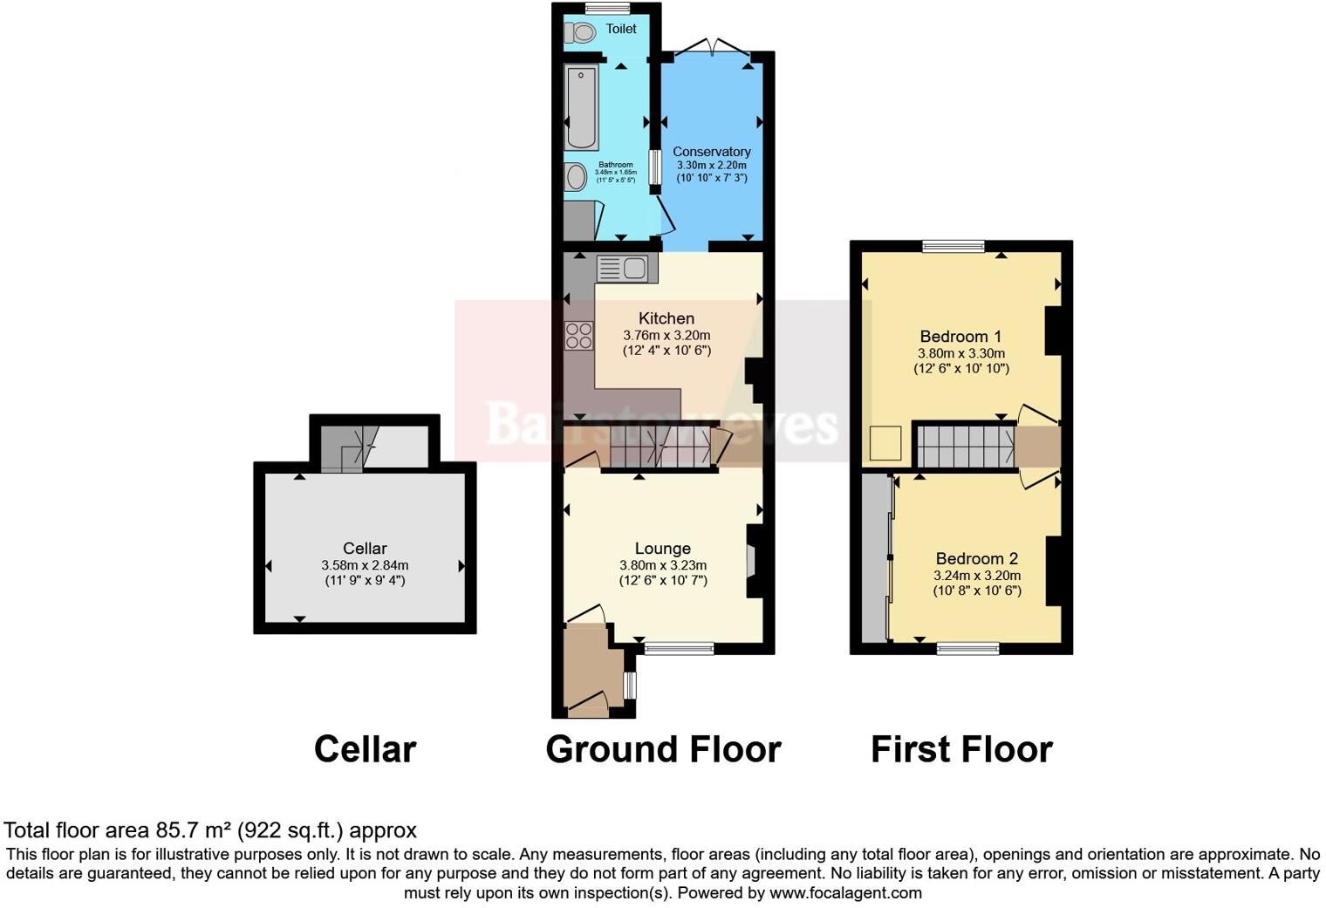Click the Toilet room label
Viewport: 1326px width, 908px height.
click(621, 29)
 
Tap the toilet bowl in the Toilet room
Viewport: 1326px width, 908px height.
click(579, 32)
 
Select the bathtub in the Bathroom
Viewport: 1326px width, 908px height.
click(581, 106)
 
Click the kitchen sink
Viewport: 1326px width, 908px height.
click(622, 268)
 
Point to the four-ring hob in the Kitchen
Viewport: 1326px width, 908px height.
click(578, 336)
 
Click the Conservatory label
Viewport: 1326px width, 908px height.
click(711, 152)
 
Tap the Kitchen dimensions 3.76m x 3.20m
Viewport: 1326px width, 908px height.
click(666, 335)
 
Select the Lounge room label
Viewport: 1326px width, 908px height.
click(663, 549)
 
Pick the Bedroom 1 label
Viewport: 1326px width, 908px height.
click(960, 337)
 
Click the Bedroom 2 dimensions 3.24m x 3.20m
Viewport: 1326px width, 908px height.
click(977, 576)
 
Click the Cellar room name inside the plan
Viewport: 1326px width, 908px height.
click(365, 549)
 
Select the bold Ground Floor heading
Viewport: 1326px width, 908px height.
click(663, 749)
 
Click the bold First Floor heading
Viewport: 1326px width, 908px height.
click(961, 749)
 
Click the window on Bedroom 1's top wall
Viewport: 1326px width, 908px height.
click(954, 246)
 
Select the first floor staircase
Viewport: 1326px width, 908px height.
click(967, 445)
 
